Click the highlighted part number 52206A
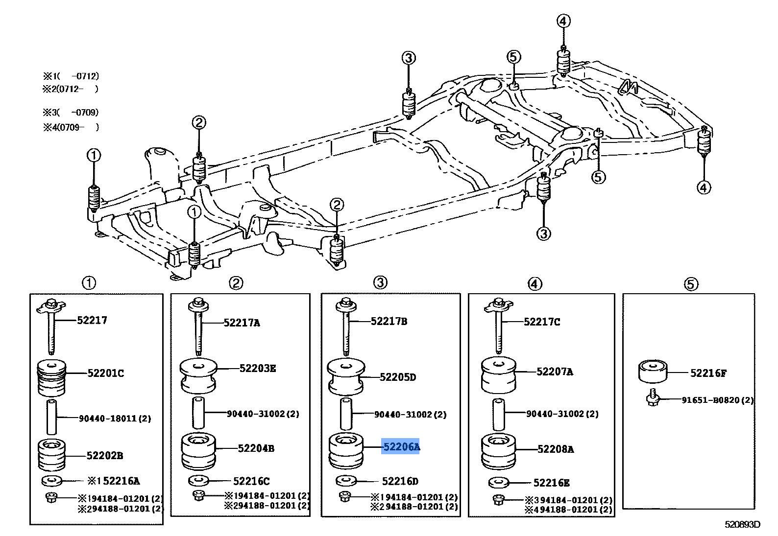coord(401,447)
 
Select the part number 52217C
coord(541,322)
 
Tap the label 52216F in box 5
coord(708,373)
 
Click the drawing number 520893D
coord(742,525)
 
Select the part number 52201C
coord(105,373)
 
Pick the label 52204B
coord(256,448)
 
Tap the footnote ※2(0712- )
coord(71,89)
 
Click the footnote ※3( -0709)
coord(71,112)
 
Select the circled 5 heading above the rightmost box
coord(690,284)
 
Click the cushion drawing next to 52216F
coord(653,372)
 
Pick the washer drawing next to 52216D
coord(347,480)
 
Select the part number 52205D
coord(398,377)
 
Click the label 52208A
coord(555,449)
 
